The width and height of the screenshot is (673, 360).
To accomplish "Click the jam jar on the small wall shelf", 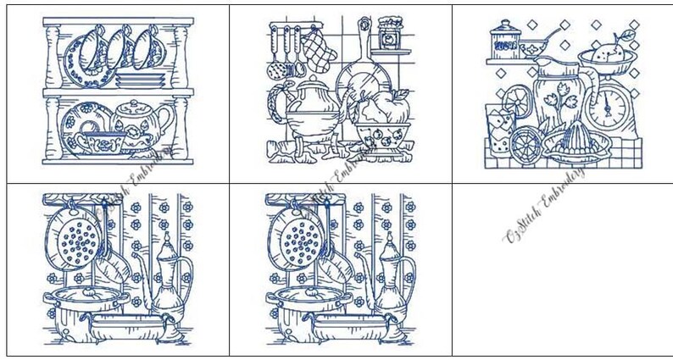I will (389, 32).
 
